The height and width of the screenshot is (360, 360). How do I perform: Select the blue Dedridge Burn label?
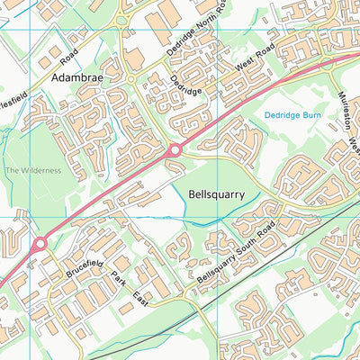(295, 115)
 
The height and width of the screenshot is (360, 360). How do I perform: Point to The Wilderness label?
(33, 170)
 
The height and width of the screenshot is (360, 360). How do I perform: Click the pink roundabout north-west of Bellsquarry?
(175, 149)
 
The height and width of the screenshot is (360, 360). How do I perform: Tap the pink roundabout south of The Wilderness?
(39, 244)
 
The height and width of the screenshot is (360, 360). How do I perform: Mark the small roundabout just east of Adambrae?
(130, 79)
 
